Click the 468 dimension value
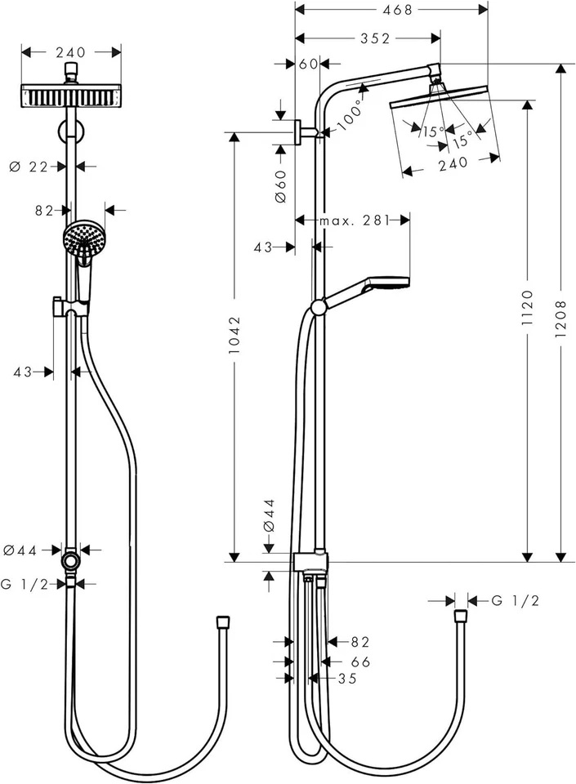click(x=391, y=9)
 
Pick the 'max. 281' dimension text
click(x=353, y=220)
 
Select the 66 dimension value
click(x=360, y=661)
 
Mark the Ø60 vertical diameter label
click(x=279, y=186)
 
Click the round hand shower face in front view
click(x=81, y=238)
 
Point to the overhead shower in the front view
click(x=72, y=96)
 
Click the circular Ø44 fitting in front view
click(x=73, y=563)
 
